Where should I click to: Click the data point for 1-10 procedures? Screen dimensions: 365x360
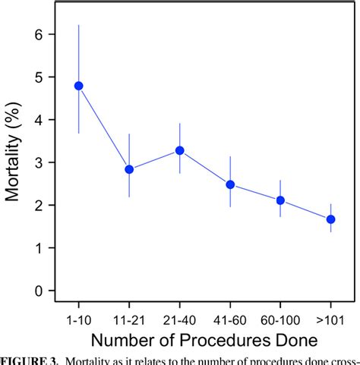click(78, 86)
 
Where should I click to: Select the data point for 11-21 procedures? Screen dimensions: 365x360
click(129, 169)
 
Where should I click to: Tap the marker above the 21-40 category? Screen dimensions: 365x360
click(180, 150)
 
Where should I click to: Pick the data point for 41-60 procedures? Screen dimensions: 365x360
click(230, 184)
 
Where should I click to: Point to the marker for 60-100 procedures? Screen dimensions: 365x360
click(280, 200)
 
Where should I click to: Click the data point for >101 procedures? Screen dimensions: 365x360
click(330, 219)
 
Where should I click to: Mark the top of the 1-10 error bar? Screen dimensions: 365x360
click(78, 25)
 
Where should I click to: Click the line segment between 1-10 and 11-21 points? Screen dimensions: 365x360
click(104, 127)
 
